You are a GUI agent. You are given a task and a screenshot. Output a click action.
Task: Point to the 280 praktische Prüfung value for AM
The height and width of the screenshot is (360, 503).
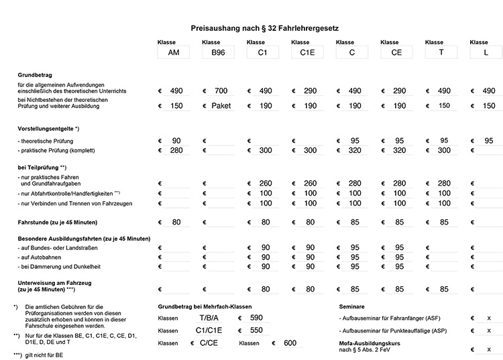pyautogui.click(x=176, y=151)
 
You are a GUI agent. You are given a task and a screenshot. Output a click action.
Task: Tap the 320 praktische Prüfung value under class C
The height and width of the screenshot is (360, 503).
pyautogui.click(x=355, y=151)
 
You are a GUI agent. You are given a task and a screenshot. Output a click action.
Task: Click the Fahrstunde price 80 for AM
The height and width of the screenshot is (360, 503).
pyautogui.click(x=176, y=222)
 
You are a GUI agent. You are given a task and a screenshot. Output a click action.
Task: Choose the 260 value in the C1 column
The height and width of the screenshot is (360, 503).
pyautogui.click(x=266, y=182)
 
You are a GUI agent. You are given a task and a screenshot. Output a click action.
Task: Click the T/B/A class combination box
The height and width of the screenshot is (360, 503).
pyautogui.click(x=209, y=318)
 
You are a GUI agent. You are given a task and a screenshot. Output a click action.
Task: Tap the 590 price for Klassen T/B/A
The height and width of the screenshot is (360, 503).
pyautogui.click(x=256, y=318)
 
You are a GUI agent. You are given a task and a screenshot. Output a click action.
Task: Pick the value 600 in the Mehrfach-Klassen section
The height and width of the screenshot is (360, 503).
pyautogui.click(x=290, y=343)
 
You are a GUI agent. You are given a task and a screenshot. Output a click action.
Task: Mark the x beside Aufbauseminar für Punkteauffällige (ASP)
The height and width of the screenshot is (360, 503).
pyautogui.click(x=488, y=331)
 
